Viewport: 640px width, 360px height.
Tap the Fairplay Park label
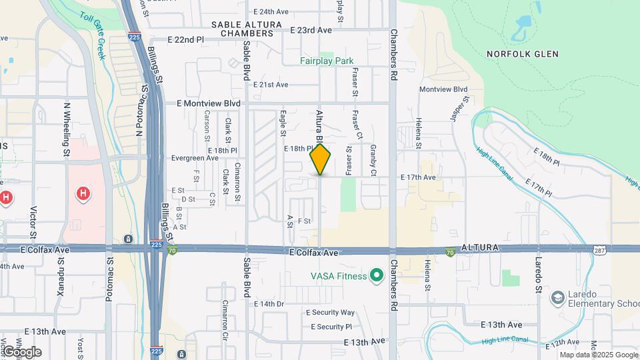(326, 61)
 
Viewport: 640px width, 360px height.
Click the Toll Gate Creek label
(93, 36)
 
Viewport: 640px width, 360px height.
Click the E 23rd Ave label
(311, 30)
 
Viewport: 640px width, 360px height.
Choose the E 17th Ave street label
(418, 177)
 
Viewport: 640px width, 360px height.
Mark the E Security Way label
(330, 312)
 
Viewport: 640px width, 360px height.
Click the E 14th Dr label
(269, 303)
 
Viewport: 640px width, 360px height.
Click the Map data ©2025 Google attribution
(598, 355)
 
